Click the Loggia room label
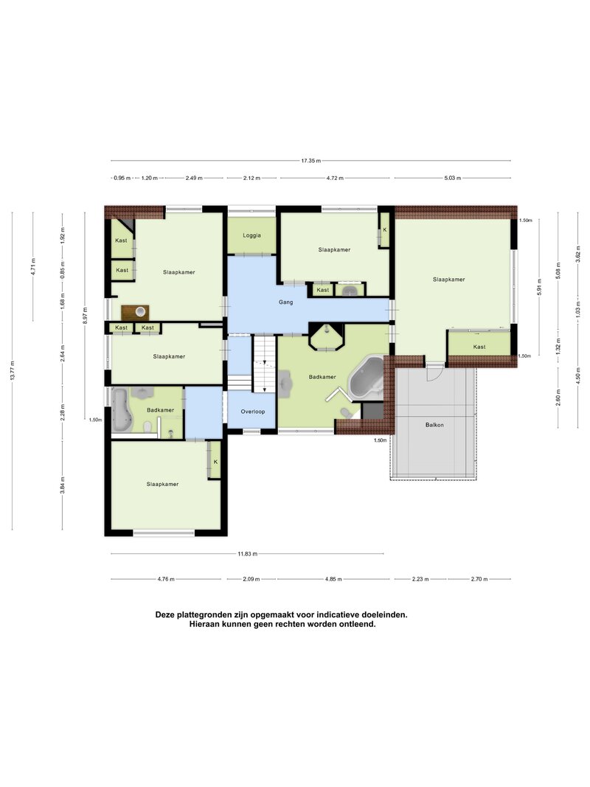251,235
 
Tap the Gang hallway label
286,302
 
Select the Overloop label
253,412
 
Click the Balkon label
434,425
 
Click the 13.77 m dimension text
12,370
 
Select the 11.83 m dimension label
247,554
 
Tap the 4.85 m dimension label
333,579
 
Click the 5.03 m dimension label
453,178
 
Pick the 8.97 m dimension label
85,316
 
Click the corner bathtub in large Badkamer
367,379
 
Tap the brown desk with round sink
135,313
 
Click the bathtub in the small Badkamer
121,409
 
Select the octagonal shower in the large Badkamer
327,337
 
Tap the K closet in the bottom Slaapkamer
215,460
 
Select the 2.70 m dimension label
479,579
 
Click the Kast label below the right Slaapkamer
479,347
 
